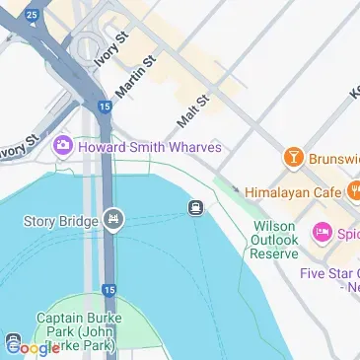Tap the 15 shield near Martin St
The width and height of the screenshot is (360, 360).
coord(104,106)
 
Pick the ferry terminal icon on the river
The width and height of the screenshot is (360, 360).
coord(195,208)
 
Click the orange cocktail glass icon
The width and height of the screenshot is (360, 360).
coord(293,157)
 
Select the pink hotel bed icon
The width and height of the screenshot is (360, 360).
coord(321,233)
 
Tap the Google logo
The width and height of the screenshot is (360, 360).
coord(34,347)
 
